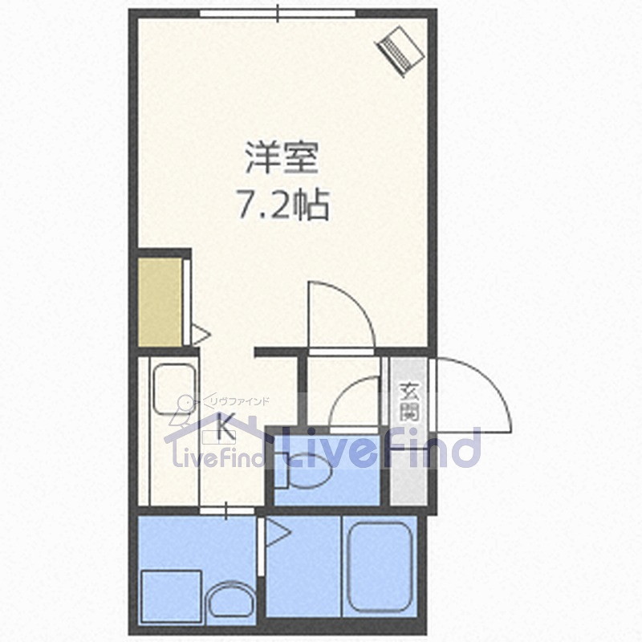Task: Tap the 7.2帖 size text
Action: (x=282, y=207)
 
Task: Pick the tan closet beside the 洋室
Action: (x=160, y=302)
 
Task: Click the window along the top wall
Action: (x=278, y=13)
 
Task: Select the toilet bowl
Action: (x=310, y=476)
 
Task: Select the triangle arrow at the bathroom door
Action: (x=277, y=531)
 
